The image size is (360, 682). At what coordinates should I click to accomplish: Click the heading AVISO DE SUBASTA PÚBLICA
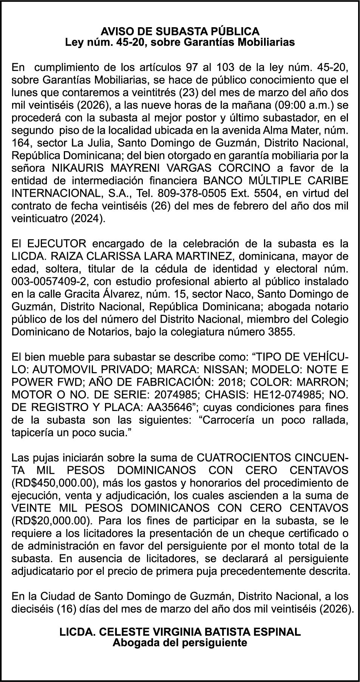point(180,31)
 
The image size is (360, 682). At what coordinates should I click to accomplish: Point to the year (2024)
point(88,219)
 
